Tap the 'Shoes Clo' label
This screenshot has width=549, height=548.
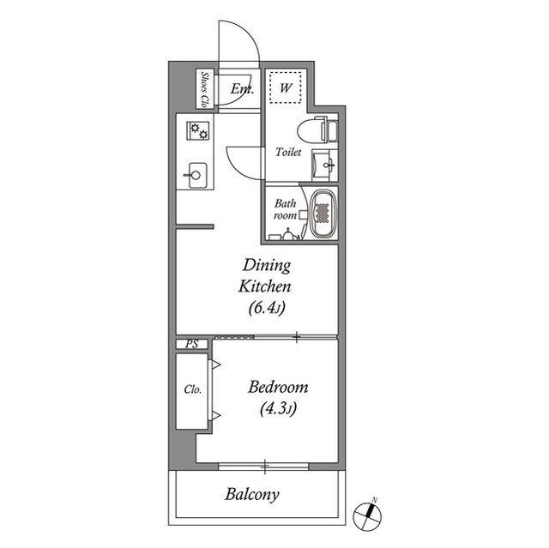(x=205, y=88)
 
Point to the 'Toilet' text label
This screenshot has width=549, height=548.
(x=288, y=152)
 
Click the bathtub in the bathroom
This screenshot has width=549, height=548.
(x=323, y=214)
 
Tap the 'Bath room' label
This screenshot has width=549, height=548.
(x=285, y=209)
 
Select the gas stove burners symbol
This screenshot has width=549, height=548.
(x=198, y=131)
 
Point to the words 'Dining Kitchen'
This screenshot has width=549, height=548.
(x=267, y=275)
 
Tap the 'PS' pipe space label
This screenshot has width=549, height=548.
(x=190, y=344)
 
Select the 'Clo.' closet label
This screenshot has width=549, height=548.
(x=192, y=388)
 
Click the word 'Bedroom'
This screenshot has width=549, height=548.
(x=277, y=388)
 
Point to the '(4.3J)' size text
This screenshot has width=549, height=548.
(x=277, y=409)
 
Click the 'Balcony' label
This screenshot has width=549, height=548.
(x=252, y=495)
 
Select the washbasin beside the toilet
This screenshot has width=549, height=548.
(x=323, y=163)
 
